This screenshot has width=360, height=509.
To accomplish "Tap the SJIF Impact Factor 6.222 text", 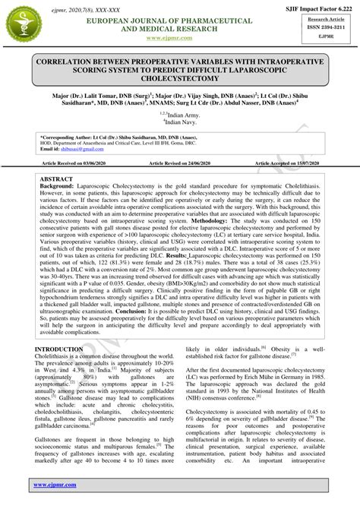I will (x=314, y=6).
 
